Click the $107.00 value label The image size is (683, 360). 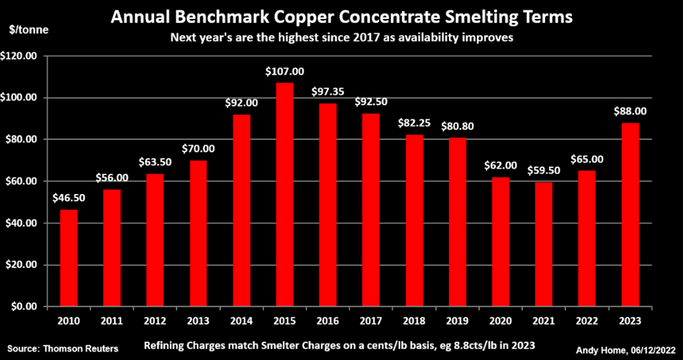tap(284, 71)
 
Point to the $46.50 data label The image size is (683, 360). tap(69, 198)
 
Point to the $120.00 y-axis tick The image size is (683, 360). tap(22, 55)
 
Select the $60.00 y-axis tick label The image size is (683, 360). tap(25, 181)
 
